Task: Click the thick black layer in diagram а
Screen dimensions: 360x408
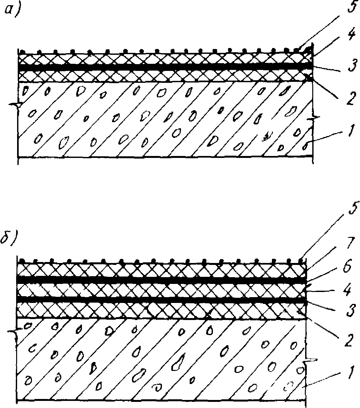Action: click(161, 67)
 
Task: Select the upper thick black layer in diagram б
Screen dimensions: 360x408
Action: click(161, 280)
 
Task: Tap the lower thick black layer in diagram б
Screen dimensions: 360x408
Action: click(161, 299)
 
